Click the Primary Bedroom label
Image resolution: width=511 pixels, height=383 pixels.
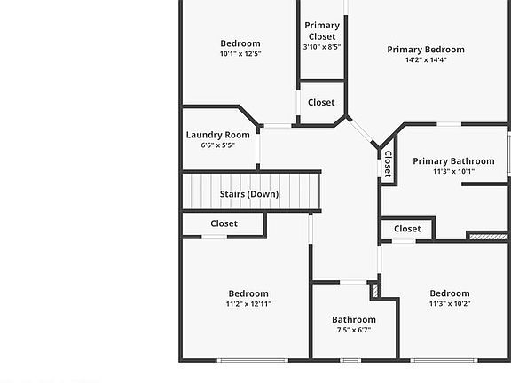pos(426,50)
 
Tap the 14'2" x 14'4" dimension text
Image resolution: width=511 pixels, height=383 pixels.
pos(426,60)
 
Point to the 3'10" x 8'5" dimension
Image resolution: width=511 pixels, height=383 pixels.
pos(321,47)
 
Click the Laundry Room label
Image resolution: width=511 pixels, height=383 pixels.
pos(217,135)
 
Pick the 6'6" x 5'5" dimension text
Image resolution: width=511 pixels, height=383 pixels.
pos(217,145)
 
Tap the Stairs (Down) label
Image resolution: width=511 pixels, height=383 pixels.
pos(249,193)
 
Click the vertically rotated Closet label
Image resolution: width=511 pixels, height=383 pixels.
pos(388,164)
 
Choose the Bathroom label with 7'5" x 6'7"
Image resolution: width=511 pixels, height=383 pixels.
pos(354,319)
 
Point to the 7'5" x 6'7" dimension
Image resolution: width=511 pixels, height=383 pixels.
pos(354,330)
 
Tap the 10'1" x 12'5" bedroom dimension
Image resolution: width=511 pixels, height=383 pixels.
pos(240,54)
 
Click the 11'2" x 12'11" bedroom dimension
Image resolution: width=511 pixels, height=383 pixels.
pos(248,304)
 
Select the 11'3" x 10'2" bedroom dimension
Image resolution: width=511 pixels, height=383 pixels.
pos(450,304)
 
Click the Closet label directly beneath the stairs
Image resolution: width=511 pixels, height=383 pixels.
pos(224,223)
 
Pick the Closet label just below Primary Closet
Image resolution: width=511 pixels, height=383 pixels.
pos(321,103)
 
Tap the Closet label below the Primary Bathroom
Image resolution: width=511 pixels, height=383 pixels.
pos(407,229)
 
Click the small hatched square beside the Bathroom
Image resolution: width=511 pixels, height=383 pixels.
pos(374,288)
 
